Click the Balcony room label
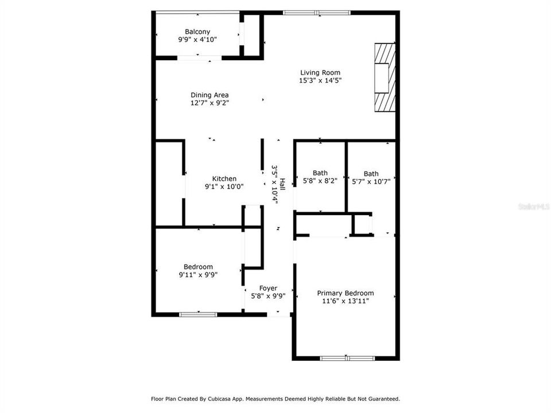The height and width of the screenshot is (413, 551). click(197, 32)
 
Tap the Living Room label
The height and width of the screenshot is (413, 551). click(320, 72)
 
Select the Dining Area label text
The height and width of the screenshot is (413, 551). click(209, 95)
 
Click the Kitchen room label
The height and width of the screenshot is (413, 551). click(224, 178)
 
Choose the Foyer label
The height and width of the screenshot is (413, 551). click(268, 288)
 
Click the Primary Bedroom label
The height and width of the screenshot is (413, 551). click(346, 293)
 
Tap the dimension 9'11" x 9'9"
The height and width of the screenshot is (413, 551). click(198, 275)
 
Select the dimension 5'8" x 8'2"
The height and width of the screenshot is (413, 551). click(320, 181)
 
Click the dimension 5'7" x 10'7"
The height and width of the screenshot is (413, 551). click(371, 182)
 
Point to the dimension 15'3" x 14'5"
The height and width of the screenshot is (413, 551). click(320, 81)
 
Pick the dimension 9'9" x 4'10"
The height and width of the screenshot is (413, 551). click(197, 40)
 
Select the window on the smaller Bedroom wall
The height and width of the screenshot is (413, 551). click(198, 314)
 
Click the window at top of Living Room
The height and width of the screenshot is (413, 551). click(316, 12)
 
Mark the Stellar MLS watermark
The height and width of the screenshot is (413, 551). click(533, 204)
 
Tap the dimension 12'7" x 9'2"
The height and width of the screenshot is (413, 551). click(209, 103)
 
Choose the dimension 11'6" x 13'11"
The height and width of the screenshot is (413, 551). click(346, 301)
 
